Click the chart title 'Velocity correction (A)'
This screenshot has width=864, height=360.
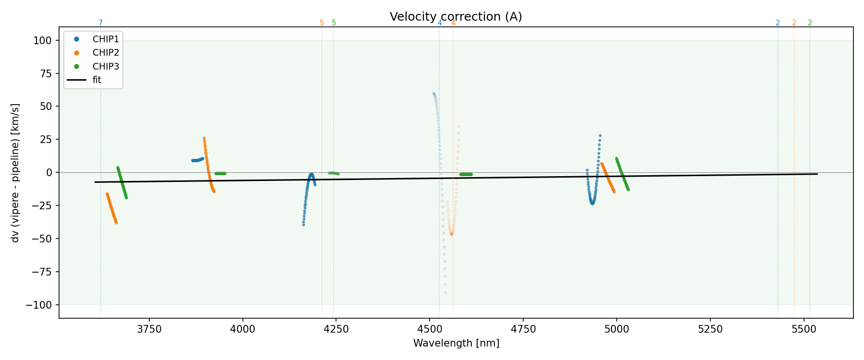coord(456,17)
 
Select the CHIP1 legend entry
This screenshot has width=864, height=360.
coord(106,39)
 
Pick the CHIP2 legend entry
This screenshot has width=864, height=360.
coord(106,53)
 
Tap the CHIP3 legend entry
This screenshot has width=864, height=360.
coord(106,66)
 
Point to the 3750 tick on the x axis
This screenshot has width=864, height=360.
coord(149,329)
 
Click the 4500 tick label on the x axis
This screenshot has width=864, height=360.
coord(430,329)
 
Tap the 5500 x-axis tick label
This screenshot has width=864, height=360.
coord(804,329)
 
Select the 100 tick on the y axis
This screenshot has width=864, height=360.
coord(43,40)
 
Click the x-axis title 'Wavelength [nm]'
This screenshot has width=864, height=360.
coord(456,343)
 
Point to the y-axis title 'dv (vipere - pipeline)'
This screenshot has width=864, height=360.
coord(15,173)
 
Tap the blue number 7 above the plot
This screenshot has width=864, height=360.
coord(100,23)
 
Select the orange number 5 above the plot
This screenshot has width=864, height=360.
coord(322,23)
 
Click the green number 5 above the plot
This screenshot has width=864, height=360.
coord(334,23)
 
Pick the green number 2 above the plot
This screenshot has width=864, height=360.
coord(810,23)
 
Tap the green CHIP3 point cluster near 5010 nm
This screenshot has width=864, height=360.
coord(622,173)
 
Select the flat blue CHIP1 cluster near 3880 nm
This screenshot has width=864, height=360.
coord(197,160)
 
